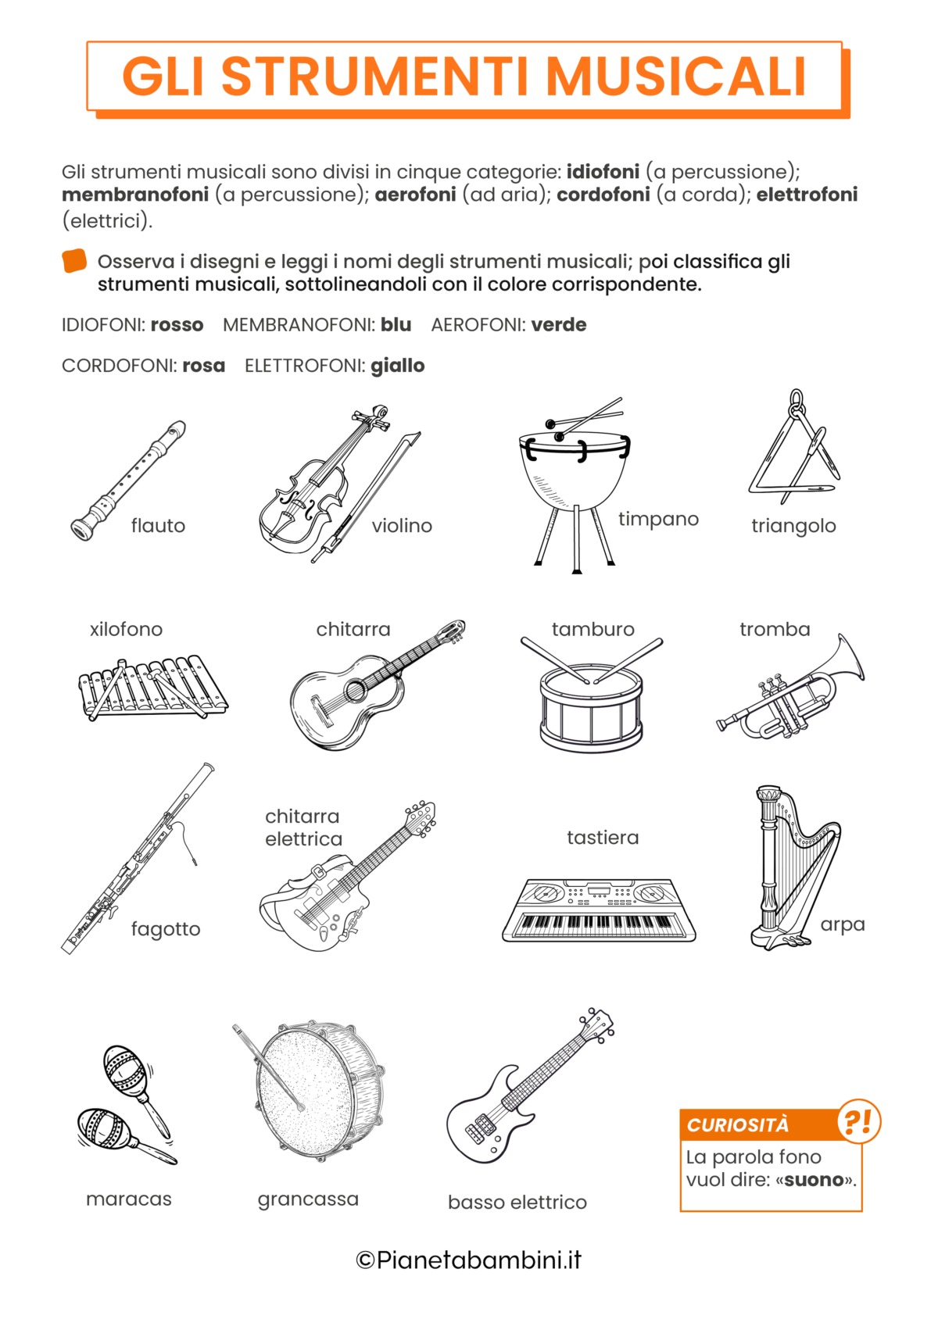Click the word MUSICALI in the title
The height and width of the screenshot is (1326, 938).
coord(675,77)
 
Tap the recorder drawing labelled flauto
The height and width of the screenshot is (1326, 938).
coord(129,480)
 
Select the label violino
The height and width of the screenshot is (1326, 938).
coord(402,526)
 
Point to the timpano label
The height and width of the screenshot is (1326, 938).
coord(658,519)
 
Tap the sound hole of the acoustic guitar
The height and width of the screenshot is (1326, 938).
coord(356,690)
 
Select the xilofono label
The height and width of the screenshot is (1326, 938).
coord(126,629)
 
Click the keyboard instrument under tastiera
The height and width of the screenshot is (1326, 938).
coord(599,910)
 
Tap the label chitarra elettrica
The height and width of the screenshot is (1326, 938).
coord(303,827)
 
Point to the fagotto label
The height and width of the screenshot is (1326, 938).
coord(166,929)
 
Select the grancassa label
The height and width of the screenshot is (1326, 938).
coord(308,1199)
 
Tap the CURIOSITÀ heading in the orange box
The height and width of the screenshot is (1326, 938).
coord(738,1125)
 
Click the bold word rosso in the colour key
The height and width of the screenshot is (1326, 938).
coord(177,325)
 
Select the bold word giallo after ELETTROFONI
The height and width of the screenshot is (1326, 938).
coord(397,366)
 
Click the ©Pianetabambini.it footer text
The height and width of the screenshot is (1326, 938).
coord(468,1260)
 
